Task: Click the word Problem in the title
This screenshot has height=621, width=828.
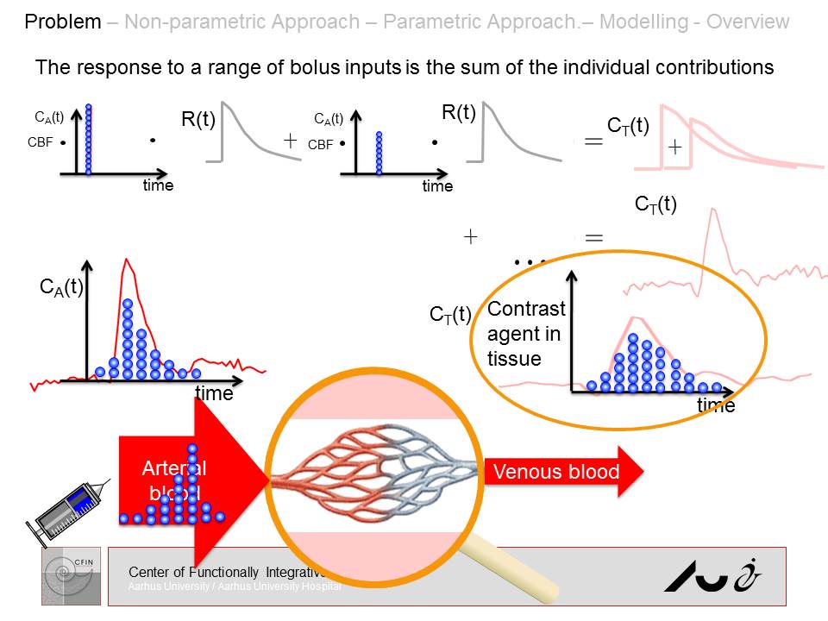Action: (63, 22)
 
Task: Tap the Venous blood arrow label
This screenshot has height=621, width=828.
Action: (556, 472)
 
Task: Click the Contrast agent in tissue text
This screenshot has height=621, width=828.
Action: (526, 333)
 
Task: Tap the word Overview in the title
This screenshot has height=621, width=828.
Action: (748, 22)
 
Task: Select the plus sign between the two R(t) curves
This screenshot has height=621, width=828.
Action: (291, 141)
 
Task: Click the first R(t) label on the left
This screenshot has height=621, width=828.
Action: (198, 120)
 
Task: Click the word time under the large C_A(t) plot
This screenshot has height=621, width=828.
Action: (214, 394)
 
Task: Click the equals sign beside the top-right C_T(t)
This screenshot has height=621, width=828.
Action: (594, 142)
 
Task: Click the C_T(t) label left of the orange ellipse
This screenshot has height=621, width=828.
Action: (450, 315)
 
